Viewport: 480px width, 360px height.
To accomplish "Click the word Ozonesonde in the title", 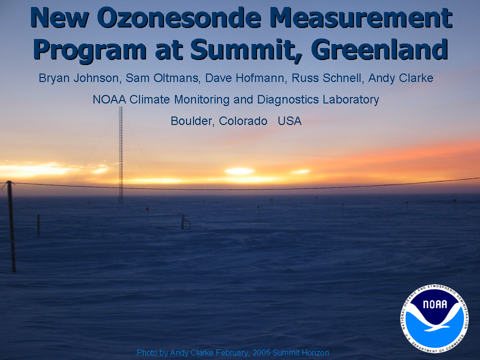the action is click(x=179, y=18).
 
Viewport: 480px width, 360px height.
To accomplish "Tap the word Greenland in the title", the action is click(x=379, y=49).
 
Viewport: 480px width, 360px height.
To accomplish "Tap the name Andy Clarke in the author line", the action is click(x=400, y=78).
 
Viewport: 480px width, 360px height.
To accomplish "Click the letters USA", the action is click(x=289, y=121).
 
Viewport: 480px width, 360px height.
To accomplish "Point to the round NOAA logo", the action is click(x=434, y=318).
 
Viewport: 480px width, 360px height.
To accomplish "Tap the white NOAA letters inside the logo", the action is click(x=434, y=304).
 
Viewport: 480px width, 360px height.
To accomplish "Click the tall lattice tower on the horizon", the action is click(x=120, y=155).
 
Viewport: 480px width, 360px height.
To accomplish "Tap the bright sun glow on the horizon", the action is click(x=239, y=171).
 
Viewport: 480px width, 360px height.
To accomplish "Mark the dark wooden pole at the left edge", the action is click(x=11, y=226).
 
